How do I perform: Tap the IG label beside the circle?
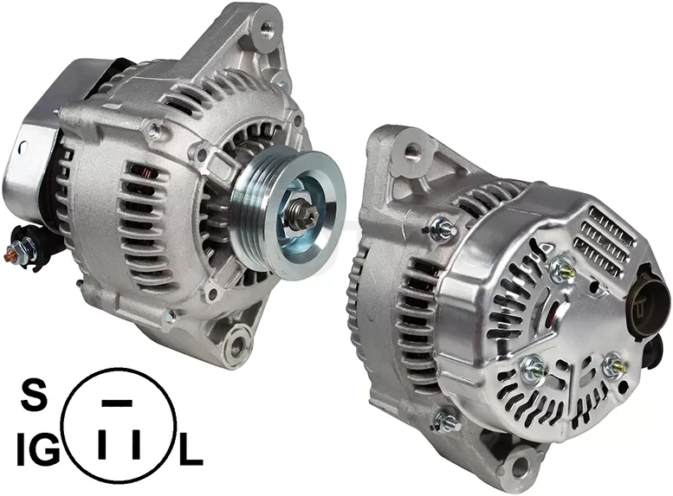(38, 448)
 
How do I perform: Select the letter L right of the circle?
(191, 450)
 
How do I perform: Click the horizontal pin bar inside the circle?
(117, 403)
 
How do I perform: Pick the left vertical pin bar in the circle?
(102, 443)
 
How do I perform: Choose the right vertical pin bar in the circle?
(137, 443)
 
